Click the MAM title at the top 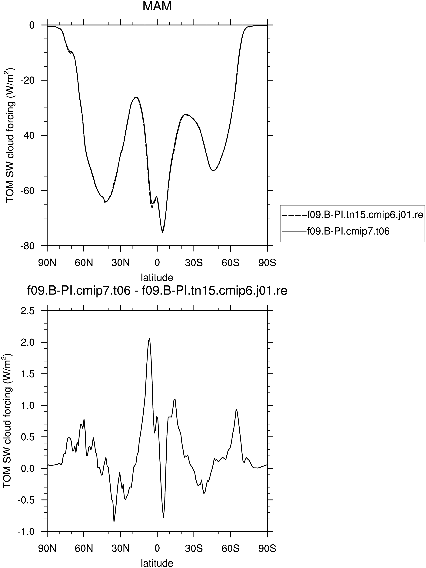click(157, 6)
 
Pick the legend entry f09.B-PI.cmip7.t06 click(336, 231)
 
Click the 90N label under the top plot click(47, 263)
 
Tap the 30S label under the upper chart click(194, 263)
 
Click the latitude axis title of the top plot click(157, 277)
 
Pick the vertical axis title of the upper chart click(10, 135)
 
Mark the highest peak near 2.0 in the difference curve click(150, 338)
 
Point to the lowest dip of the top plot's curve click(163, 232)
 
